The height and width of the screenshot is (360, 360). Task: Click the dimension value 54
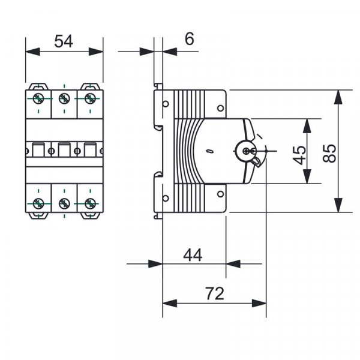pyautogui.click(x=64, y=41)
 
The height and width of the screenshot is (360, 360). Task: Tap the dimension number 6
pyautogui.click(x=190, y=39)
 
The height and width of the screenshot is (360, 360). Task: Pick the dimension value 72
pyautogui.click(x=214, y=293)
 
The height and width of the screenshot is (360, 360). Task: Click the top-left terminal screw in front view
pyautogui.click(x=38, y=98)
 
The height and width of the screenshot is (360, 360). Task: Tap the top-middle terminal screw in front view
pyautogui.click(x=64, y=98)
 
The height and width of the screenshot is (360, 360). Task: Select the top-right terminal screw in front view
pyautogui.click(x=89, y=98)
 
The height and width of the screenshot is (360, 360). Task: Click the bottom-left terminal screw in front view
pyautogui.click(x=38, y=202)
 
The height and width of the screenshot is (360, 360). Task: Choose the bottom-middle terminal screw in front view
pyautogui.click(x=64, y=202)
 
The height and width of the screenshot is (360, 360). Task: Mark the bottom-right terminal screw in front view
pyautogui.click(x=89, y=202)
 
